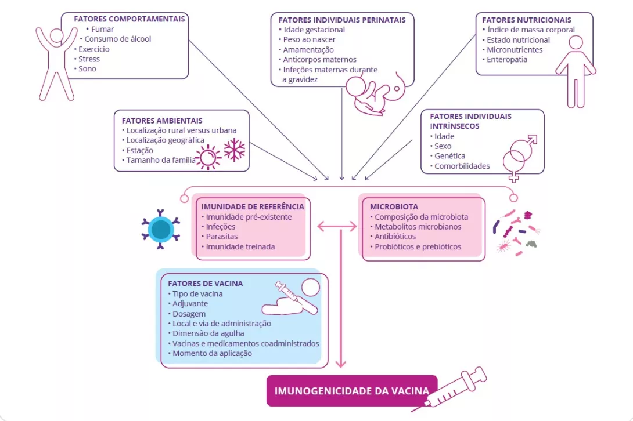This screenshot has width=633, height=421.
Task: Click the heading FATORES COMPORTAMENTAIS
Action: click(129, 19)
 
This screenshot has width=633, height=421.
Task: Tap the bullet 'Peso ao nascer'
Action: click(310, 39)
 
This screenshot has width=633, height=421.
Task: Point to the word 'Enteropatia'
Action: click(507, 59)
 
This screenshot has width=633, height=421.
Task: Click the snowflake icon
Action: click(235, 150)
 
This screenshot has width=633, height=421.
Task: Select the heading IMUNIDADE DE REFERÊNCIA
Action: click(253, 206)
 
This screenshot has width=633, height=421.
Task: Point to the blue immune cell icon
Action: click(160, 228)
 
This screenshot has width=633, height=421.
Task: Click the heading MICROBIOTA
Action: click(394, 206)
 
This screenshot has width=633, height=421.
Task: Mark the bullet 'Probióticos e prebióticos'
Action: click(418, 246)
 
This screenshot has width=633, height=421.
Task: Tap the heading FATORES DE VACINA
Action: click(206, 284)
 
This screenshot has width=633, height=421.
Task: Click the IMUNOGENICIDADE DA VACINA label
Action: click(351, 390)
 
